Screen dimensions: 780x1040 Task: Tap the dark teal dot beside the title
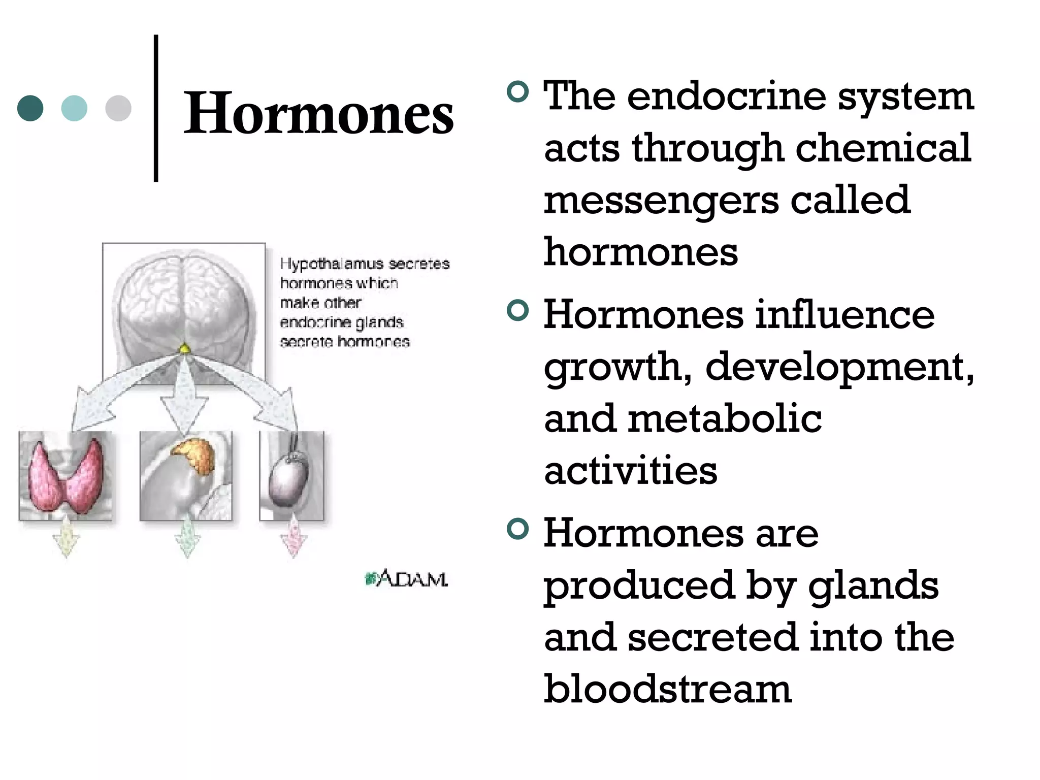30,108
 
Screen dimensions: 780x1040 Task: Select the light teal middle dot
74,108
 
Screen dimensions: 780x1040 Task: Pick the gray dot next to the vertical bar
118,108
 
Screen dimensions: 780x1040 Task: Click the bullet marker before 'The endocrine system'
517,92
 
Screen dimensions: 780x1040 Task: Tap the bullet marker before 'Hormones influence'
517,310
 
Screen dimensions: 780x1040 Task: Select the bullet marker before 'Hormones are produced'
517,529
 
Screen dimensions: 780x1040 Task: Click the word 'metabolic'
725,419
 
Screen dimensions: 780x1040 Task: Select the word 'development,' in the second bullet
839,367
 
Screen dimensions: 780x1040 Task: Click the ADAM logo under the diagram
407,578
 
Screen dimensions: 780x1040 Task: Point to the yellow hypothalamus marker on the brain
185,348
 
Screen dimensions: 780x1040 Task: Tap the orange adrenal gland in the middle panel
195,454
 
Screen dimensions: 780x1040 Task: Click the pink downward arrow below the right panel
294,538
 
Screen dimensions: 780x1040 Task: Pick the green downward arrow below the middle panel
187,538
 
